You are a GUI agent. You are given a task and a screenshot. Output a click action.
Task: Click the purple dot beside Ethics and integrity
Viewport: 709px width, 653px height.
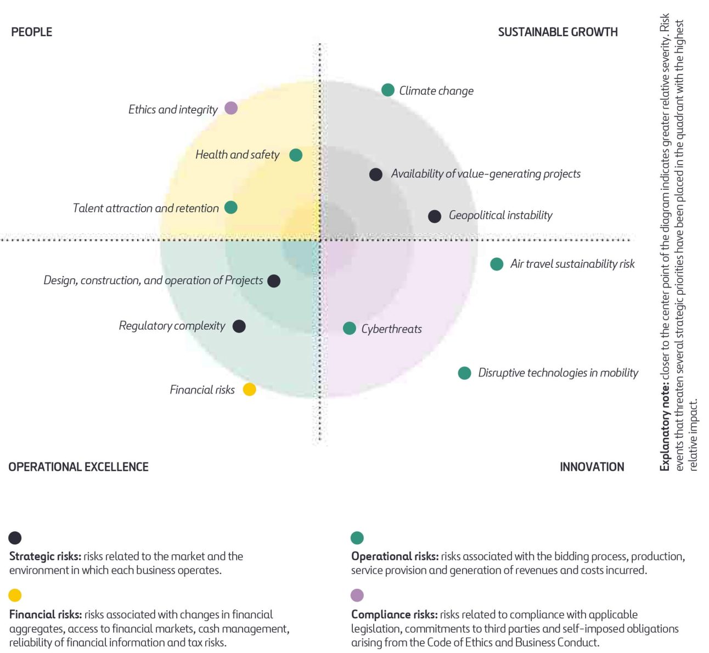[x=231, y=108]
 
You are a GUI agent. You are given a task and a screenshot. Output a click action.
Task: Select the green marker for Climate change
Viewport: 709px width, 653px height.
[x=388, y=90]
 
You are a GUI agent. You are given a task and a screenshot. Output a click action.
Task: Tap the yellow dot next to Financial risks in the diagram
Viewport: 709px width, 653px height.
[x=250, y=390]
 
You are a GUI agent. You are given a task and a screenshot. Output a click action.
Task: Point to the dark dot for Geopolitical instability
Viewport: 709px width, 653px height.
[x=435, y=216]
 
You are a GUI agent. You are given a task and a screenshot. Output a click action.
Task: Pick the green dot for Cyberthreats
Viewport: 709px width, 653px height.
[x=350, y=328]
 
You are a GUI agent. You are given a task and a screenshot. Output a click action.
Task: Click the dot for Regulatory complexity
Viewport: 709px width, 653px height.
[x=239, y=327]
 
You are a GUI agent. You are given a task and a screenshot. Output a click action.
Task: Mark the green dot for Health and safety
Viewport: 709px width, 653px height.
[x=296, y=155]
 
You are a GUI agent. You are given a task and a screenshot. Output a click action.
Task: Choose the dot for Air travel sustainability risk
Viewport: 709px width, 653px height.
[x=497, y=264]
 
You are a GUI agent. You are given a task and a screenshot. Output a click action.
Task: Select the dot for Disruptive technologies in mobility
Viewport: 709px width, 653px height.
[x=465, y=373]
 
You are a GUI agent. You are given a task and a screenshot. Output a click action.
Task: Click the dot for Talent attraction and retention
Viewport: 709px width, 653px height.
[x=231, y=207]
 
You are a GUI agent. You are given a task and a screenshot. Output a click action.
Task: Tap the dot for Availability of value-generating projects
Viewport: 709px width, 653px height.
[x=376, y=174]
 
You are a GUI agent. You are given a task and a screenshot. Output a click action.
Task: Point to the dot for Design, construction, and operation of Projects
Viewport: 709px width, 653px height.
[x=274, y=281]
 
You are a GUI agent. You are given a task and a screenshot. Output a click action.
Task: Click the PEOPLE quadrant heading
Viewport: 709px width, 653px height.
[x=32, y=32]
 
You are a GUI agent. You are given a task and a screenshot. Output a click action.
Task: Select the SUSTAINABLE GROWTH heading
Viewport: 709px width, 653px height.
[x=558, y=32]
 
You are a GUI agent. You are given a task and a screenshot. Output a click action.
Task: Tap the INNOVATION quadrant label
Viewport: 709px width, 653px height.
[x=592, y=467]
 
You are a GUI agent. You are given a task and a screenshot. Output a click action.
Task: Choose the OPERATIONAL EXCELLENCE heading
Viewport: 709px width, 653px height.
[x=78, y=467]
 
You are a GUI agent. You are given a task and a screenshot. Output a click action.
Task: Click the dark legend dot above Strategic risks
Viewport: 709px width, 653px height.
[x=15, y=538]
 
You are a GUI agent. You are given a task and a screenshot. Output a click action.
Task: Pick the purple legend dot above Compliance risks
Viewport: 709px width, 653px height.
[x=357, y=595]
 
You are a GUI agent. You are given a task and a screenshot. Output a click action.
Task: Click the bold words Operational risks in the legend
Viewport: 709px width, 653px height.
[x=395, y=556]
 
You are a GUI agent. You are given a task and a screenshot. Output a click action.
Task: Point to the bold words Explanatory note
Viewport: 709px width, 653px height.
[x=665, y=428]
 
